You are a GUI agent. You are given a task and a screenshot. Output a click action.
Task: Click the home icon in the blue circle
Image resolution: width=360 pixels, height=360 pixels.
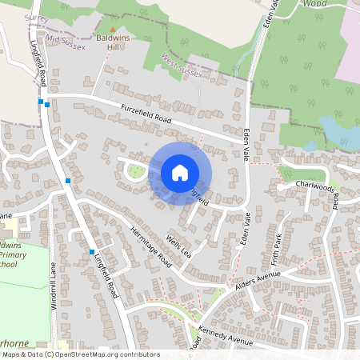coord(180,173)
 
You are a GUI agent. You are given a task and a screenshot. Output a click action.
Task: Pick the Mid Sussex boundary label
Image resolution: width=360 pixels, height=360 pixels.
coord(66,40)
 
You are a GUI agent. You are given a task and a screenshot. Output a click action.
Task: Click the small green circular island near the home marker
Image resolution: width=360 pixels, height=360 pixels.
coord(137,170)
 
